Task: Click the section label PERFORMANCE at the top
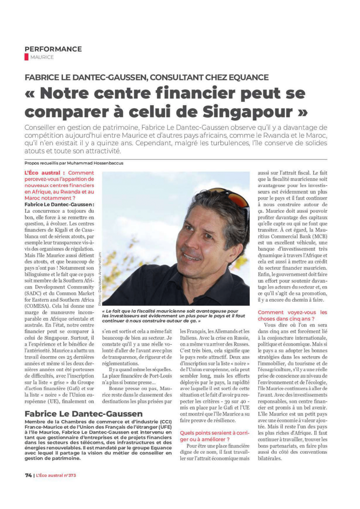coord(53,49)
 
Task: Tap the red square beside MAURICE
coord(26,57)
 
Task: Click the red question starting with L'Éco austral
coord(59,185)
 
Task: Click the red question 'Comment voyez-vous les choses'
coord(292,315)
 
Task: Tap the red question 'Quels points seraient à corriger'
coord(214,436)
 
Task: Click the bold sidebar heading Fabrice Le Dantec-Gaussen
coord(83,413)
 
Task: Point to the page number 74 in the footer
coord(28,475)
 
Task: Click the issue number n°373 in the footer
coord(70,475)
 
